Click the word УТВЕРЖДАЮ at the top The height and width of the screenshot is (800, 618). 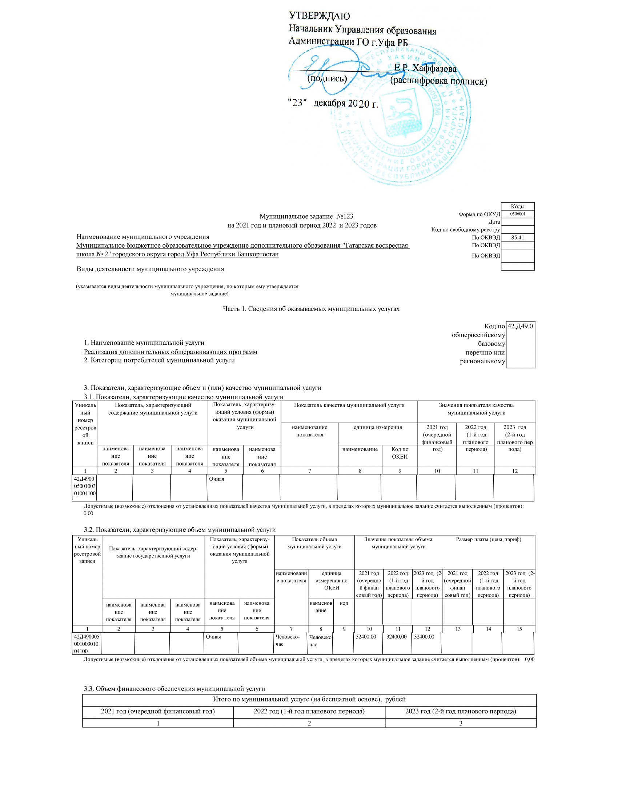[319, 16]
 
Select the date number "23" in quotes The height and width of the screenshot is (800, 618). [297, 103]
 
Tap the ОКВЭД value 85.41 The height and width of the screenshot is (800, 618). [517, 237]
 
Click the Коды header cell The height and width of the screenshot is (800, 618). [517, 206]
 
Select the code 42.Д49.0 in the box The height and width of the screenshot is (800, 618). [520, 326]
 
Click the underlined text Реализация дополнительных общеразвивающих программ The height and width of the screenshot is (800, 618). [170, 352]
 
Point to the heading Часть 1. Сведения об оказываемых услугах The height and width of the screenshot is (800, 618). [311, 309]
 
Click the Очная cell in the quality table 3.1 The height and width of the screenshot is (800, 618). [217, 479]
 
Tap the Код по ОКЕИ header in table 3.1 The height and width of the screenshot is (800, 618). [400, 453]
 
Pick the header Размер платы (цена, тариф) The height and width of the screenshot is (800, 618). [488, 539]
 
